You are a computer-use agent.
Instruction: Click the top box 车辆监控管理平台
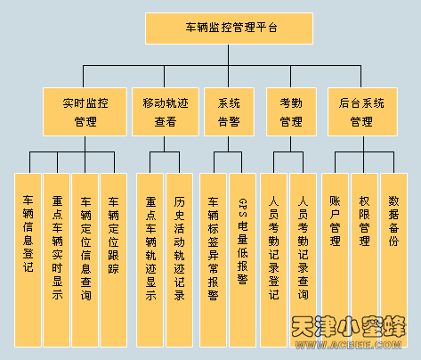[x=229, y=29]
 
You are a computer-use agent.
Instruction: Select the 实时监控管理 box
[x=85, y=111]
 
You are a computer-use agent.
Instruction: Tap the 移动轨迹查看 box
[x=166, y=111]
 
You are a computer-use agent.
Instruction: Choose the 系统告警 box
[x=229, y=111]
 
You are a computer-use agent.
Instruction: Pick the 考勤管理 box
[x=291, y=111]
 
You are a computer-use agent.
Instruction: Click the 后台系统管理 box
[x=362, y=111]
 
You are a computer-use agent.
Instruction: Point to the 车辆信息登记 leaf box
[x=28, y=260]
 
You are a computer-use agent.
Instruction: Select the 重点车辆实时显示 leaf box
[x=57, y=260]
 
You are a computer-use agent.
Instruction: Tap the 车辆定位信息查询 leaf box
[x=85, y=260]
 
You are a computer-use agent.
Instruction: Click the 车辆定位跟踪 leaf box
[x=114, y=260]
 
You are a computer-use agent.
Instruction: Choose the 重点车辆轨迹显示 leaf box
[x=150, y=260]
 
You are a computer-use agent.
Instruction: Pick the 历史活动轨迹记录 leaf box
[x=180, y=260]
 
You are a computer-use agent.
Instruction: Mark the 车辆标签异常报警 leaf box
[x=213, y=260]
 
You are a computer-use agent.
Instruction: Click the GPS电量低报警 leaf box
[x=242, y=260]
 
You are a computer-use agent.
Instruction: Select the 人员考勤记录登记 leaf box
[x=273, y=260]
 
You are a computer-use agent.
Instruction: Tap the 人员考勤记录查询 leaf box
[x=303, y=260]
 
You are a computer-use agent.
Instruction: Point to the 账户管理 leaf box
[x=335, y=260]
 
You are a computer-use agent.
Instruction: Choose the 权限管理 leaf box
[x=364, y=260]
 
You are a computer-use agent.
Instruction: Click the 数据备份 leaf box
[x=394, y=260]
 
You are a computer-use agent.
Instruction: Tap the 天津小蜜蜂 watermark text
[x=349, y=326]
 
